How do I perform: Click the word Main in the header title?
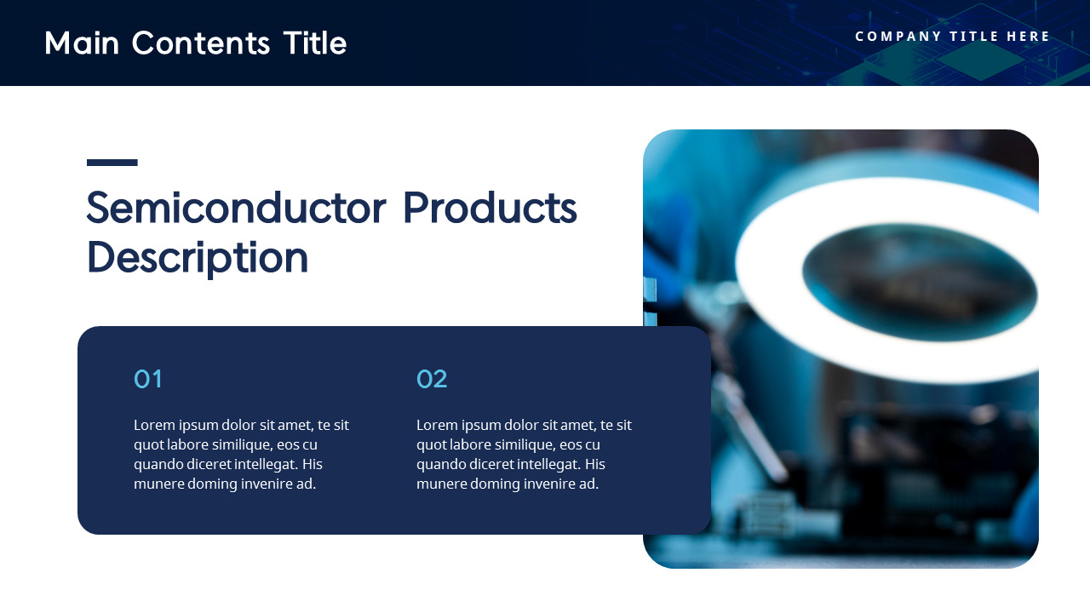coord(82,43)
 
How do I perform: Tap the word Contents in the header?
coord(201,43)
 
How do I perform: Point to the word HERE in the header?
coord(1029,37)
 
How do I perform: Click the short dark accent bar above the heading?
coord(112,162)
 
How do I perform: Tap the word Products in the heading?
coord(489,208)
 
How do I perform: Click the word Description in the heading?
coord(197,257)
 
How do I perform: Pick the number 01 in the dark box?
coord(147,379)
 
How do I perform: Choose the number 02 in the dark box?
coord(432,379)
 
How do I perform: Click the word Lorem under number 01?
coord(154,425)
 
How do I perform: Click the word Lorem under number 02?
coord(437,425)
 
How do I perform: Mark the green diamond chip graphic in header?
coord(979,60)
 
